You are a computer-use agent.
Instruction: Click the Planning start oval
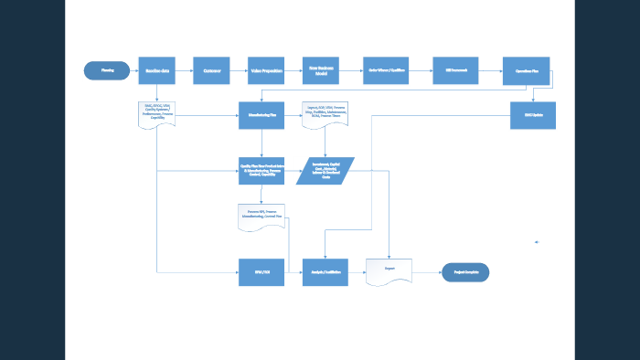106,70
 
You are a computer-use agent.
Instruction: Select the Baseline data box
156,70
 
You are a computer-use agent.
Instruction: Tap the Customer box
211,70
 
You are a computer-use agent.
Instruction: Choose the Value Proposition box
266,70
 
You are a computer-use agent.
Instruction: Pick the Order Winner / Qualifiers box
386,70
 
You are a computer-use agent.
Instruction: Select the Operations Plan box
526,70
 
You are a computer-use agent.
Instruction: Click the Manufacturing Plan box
261,115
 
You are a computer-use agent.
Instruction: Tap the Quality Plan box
261,171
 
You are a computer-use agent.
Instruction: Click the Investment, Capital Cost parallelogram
325,171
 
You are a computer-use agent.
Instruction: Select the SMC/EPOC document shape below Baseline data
156,113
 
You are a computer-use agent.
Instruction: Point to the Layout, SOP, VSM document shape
325,114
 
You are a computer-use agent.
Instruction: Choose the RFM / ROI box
261,271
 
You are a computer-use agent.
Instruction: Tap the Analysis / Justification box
325,271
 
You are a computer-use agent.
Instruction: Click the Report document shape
389,271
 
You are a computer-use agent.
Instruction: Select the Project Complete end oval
465,271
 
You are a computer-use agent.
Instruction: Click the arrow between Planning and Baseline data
133,70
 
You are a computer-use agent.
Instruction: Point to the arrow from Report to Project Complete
427,271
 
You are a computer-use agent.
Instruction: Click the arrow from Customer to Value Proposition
239,70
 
